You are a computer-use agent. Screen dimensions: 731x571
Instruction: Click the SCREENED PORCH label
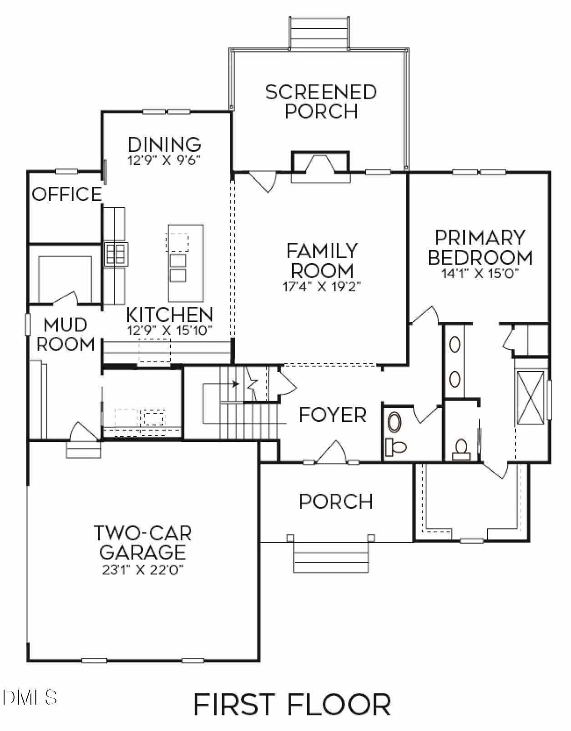tap(321, 101)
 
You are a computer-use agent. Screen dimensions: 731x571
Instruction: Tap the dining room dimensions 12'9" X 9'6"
tap(164, 160)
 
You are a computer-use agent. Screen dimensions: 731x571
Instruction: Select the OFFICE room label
tap(66, 194)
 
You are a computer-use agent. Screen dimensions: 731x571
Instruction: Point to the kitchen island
tap(186, 264)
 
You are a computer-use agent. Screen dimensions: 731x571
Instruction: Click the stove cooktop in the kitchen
tap(116, 254)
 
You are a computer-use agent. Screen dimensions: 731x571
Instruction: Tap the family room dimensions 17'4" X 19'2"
tap(322, 286)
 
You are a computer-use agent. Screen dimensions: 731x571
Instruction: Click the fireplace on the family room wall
tap(320, 166)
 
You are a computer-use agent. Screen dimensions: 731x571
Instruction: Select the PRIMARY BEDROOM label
tap(480, 248)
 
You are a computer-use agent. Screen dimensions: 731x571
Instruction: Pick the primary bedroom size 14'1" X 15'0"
tap(480, 273)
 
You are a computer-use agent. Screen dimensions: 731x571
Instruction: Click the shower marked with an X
tap(531, 398)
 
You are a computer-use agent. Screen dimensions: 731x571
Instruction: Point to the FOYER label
tap(332, 415)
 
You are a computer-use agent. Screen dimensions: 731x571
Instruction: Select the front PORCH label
tap(336, 501)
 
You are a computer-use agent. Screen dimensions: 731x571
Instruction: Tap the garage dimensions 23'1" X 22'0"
tap(142, 570)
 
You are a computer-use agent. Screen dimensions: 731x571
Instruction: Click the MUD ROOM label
tap(66, 334)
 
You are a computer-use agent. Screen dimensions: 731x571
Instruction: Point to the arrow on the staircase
tap(235, 384)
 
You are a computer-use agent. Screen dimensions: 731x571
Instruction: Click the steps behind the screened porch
tap(319, 33)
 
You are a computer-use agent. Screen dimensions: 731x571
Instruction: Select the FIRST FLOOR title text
tap(292, 704)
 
